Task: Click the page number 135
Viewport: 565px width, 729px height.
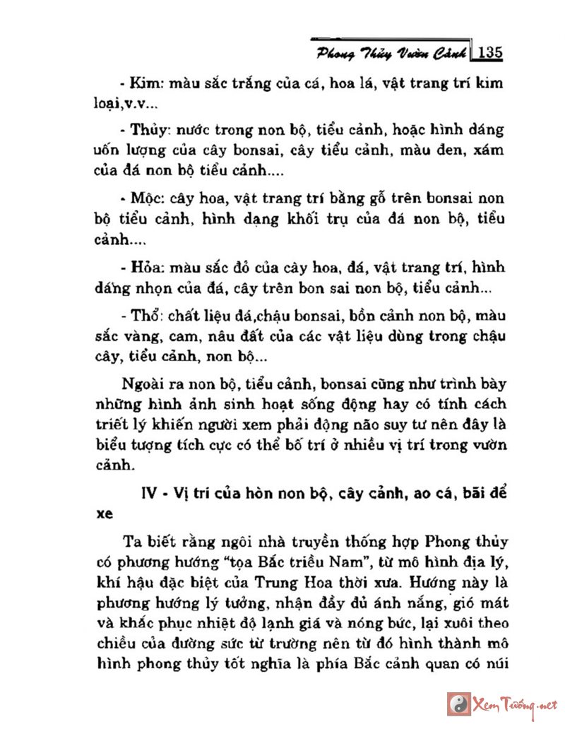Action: [x=489, y=53]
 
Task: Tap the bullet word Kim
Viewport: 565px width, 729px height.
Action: [x=148, y=85]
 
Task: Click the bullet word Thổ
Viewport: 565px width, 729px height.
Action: [x=149, y=314]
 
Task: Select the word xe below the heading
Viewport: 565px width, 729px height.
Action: [x=104, y=515]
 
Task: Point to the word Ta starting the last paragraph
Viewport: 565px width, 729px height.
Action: [x=131, y=543]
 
